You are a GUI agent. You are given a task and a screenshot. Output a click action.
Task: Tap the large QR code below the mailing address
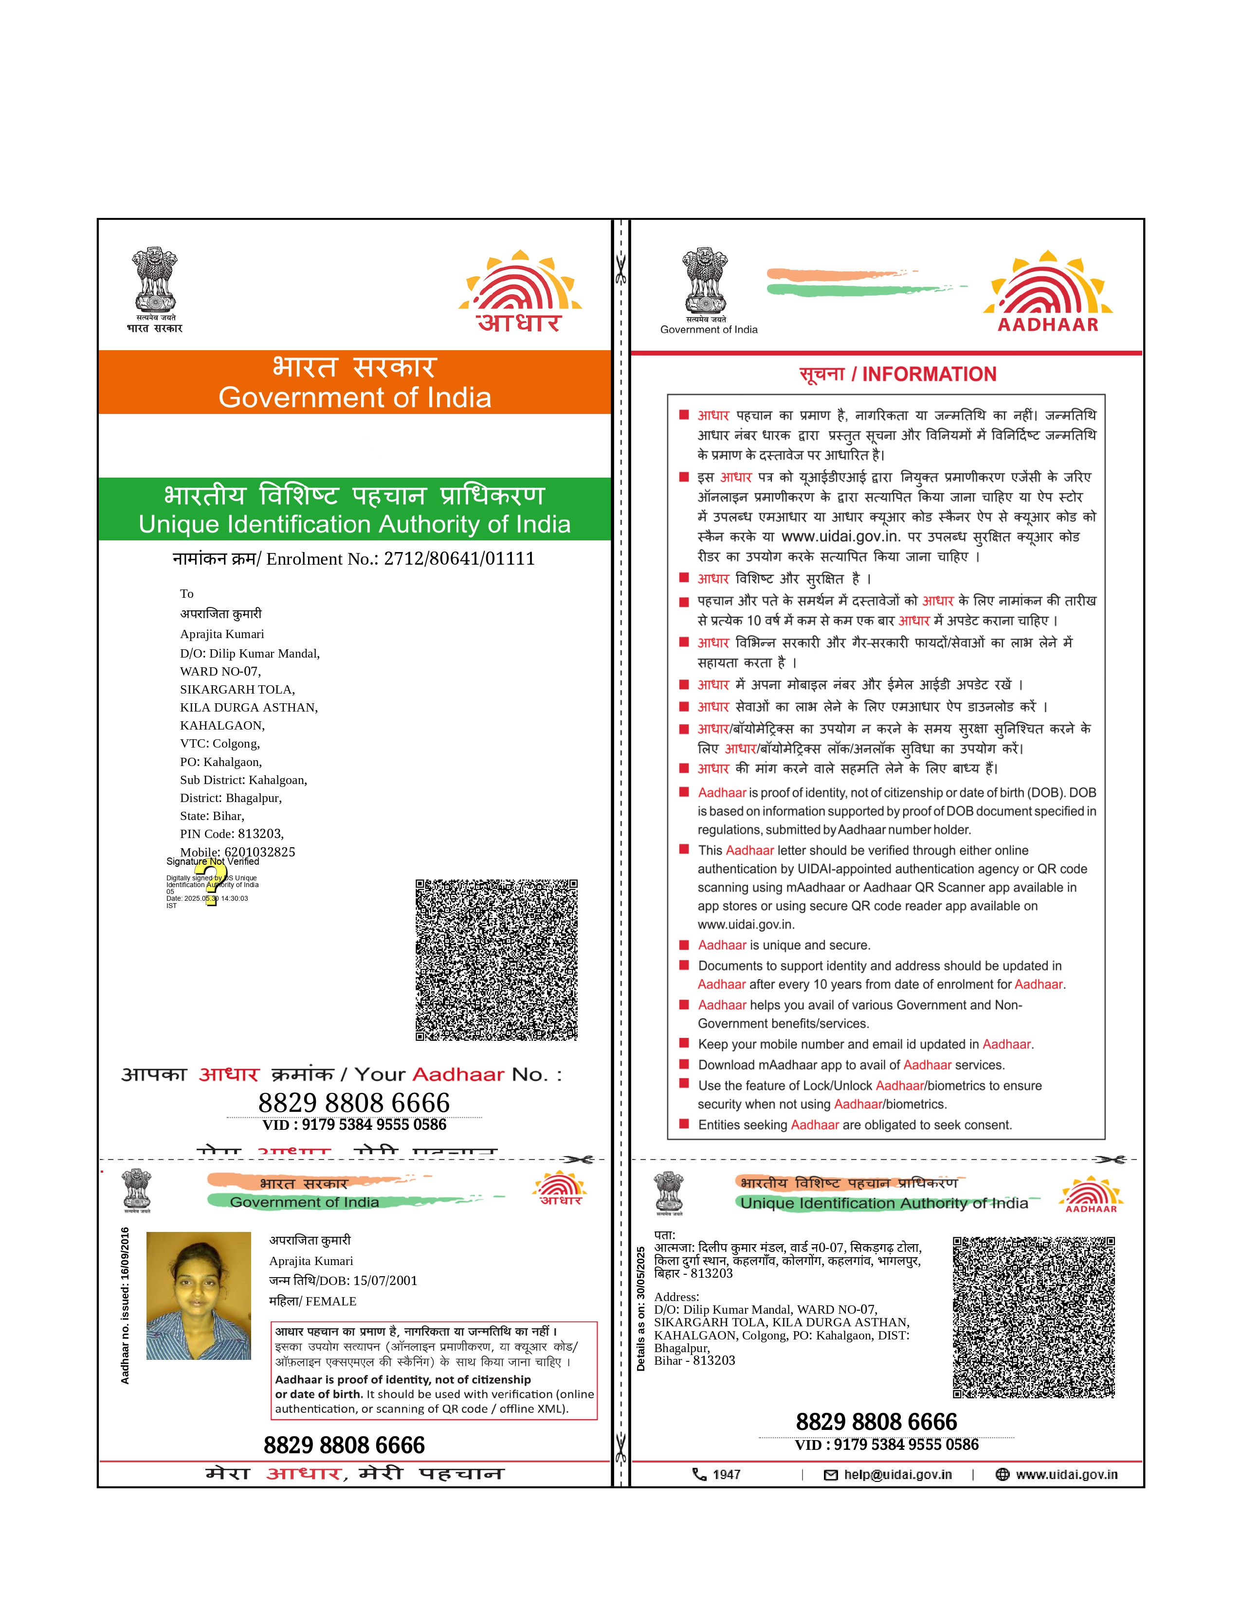tap(496, 960)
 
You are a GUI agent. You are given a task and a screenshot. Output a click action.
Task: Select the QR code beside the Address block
tap(1034, 1317)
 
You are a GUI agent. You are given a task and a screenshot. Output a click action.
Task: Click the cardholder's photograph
tap(199, 1296)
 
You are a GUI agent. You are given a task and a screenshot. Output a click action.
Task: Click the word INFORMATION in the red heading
tap(929, 375)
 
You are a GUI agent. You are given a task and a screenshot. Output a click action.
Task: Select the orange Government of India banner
tap(354, 383)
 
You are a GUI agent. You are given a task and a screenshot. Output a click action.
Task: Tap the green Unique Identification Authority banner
tap(354, 509)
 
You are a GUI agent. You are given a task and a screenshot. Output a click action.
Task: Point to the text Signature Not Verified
tap(213, 861)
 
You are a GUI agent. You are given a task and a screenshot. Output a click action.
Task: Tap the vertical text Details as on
tap(640, 1309)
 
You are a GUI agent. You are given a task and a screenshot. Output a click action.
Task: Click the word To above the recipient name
tap(187, 594)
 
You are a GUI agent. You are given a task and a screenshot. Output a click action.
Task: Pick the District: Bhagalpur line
tap(231, 798)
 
